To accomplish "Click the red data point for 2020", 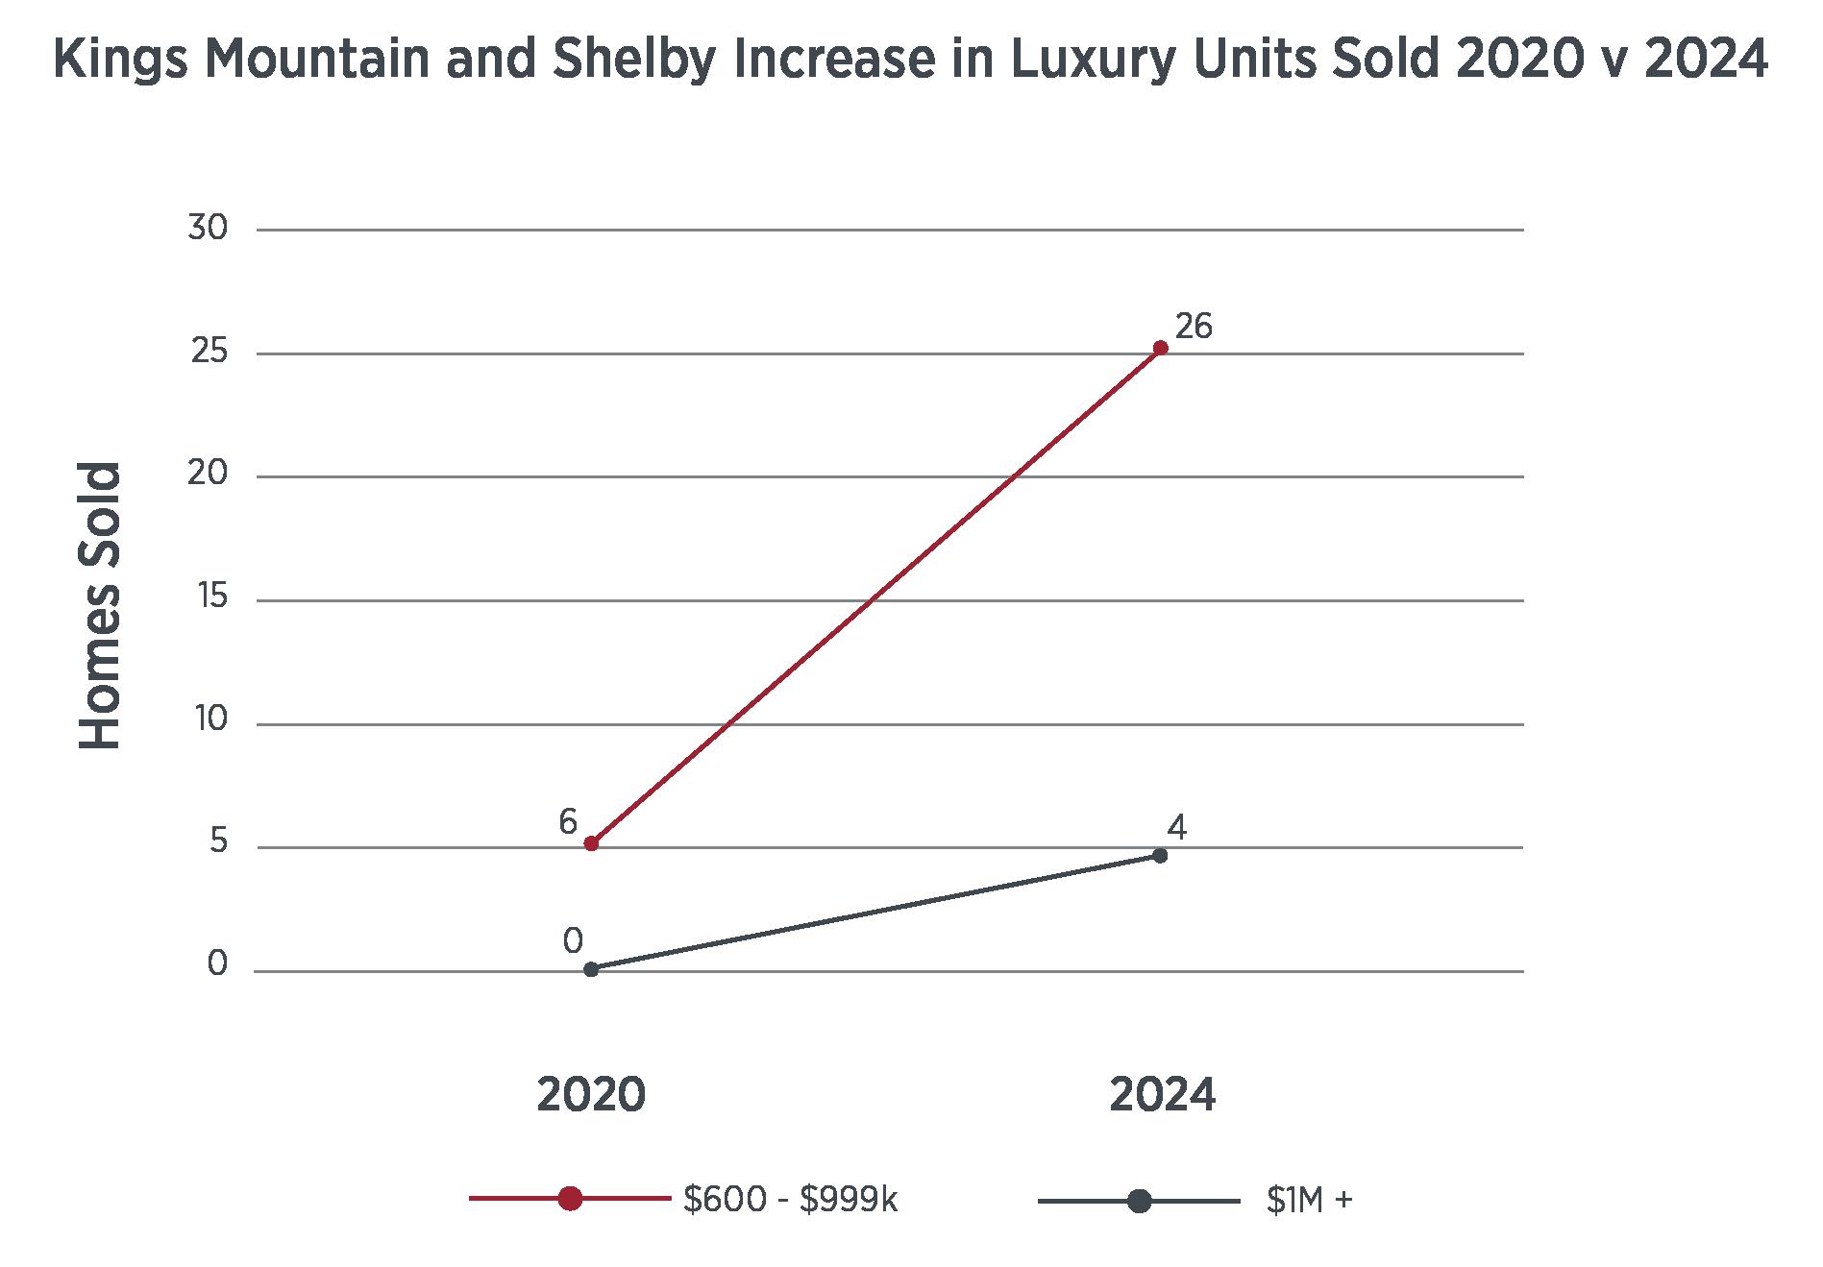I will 591,843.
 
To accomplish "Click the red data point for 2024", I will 1160,348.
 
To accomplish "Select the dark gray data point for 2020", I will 591,969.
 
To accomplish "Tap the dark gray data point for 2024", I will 1160,855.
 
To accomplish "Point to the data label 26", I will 1194,327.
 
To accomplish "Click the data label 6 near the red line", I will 568,822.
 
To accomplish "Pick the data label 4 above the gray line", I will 1176,827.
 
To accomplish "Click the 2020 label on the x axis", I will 591,1095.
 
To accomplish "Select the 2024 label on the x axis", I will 1162,1095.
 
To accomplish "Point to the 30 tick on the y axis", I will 208,229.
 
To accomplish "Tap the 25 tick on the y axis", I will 209,353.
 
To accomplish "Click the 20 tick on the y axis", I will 208,475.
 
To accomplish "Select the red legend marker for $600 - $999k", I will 570,1199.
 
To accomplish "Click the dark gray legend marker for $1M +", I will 1139,1201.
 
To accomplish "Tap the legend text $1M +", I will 1309,1201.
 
